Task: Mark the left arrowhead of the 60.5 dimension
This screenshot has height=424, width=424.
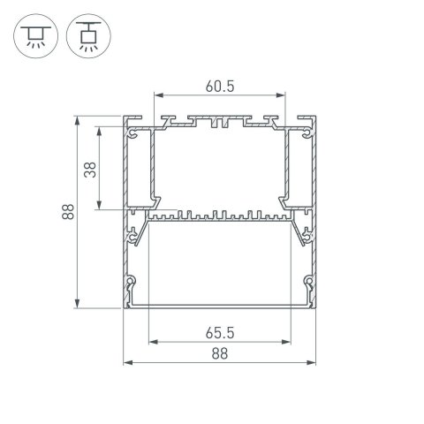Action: [x=157, y=95]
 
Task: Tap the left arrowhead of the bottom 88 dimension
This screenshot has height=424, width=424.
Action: [x=124, y=362]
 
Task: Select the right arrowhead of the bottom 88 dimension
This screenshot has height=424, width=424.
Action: [x=315, y=362]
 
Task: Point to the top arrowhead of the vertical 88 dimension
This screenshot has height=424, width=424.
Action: [x=79, y=119]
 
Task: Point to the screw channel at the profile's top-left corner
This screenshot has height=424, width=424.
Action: [x=133, y=135]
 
